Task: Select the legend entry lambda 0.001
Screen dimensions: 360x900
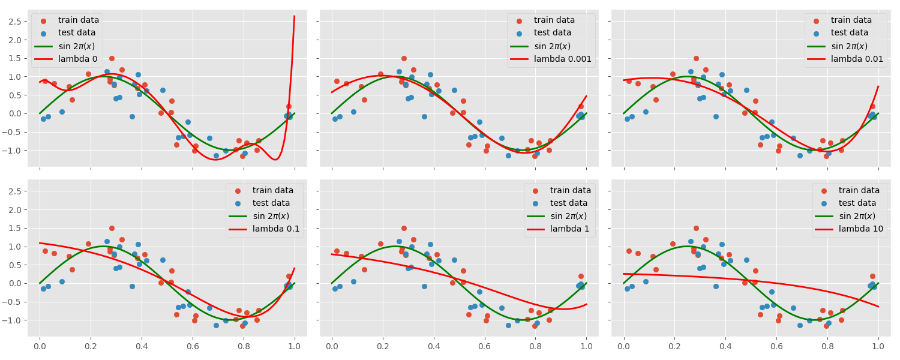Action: pos(563,59)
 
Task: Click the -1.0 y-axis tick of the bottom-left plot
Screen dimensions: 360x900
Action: pos(14,320)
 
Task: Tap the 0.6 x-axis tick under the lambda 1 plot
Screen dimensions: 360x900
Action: pos(485,346)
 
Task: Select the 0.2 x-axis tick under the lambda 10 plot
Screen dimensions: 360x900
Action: pos(675,346)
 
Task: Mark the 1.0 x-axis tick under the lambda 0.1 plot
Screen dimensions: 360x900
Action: pos(295,346)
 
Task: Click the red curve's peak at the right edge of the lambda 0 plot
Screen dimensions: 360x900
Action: pos(295,16)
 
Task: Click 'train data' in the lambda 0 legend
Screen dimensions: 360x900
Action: pos(79,20)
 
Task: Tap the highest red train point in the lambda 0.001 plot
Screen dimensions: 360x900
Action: pos(404,58)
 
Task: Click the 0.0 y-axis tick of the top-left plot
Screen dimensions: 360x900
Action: pos(16,113)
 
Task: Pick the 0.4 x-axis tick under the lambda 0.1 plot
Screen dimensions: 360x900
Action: pos(142,346)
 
